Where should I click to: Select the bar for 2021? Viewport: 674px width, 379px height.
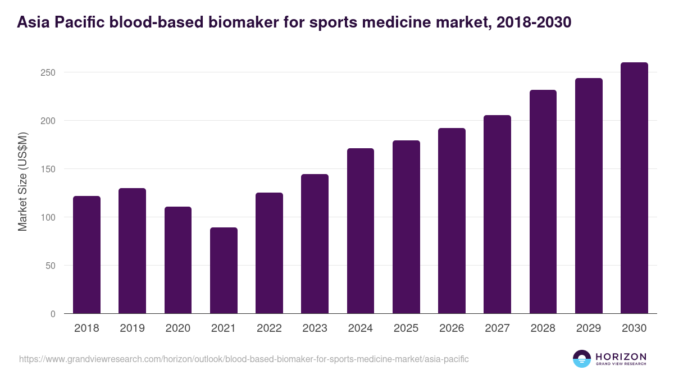(x=224, y=271)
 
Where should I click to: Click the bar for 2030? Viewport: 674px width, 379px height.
(x=634, y=188)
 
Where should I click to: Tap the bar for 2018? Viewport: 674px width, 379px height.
(x=87, y=255)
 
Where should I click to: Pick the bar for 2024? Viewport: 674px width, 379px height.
(x=361, y=231)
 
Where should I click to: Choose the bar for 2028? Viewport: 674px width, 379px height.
(x=543, y=202)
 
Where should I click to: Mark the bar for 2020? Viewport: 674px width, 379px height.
(x=178, y=260)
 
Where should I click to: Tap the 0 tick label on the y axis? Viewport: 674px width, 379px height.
(x=53, y=314)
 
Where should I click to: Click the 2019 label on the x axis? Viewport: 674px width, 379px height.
(x=132, y=328)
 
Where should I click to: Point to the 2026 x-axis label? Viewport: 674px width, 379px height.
(x=452, y=328)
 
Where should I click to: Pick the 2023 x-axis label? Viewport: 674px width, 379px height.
(x=315, y=328)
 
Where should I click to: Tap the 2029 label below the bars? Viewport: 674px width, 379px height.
(x=589, y=328)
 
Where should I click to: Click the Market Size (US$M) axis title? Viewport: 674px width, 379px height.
(x=23, y=181)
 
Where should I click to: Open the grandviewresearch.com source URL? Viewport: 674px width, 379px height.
(x=244, y=359)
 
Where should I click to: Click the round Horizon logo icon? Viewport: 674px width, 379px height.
(x=582, y=359)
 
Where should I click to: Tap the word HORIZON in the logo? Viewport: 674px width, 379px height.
(x=621, y=356)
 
